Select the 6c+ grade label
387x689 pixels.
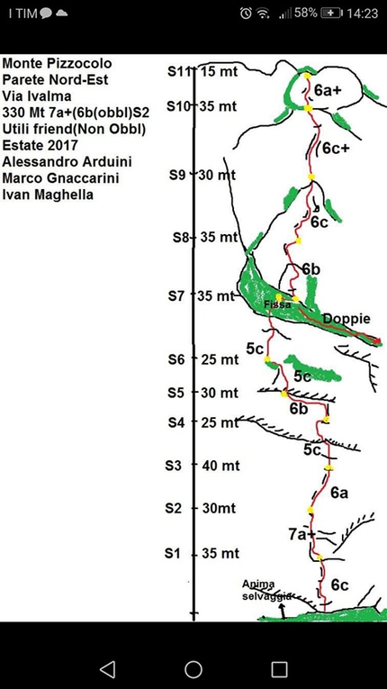tap(336, 149)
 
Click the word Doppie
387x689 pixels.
tap(346, 319)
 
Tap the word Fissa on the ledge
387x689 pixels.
tap(275, 304)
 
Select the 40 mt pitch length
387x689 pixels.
tap(221, 466)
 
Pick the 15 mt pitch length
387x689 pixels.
tap(220, 72)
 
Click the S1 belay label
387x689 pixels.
tap(173, 554)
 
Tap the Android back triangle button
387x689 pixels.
tap(108, 669)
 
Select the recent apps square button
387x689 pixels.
tap(279, 669)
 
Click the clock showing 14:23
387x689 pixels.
tap(363, 14)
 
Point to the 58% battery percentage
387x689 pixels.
tap(306, 14)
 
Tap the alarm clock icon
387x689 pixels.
tap(246, 14)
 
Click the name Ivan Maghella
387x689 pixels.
tap(48, 195)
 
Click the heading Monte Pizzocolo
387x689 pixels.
tap(57, 64)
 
